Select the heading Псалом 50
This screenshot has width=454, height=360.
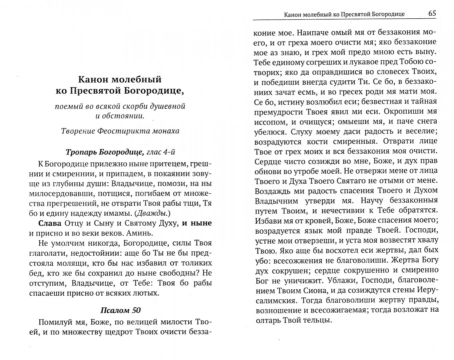click(x=120, y=310)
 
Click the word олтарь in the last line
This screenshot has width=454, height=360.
click(x=267, y=321)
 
